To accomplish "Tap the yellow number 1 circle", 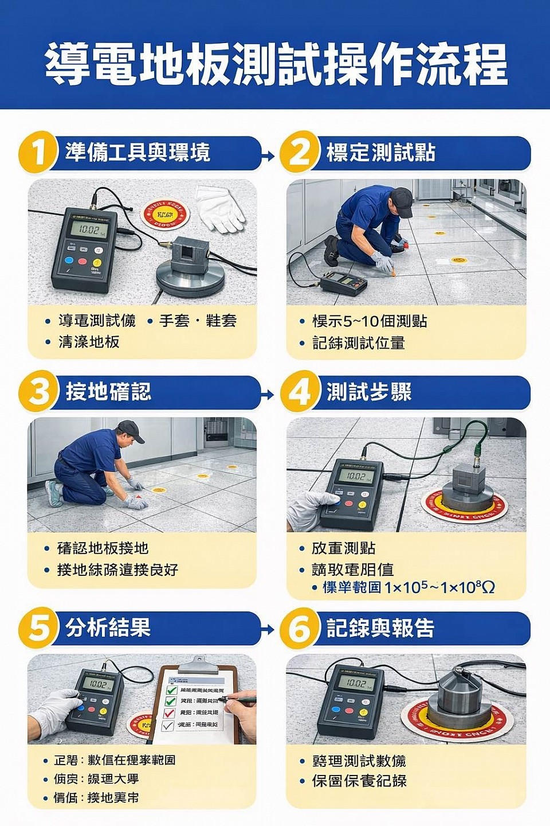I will tap(37, 153).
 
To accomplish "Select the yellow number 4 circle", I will tap(298, 393).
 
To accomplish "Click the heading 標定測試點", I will tap(380, 153).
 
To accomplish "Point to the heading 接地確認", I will tap(108, 392).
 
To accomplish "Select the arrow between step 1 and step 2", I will tap(268, 155).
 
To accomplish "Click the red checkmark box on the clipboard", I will tap(170, 713).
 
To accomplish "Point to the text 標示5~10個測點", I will tap(370, 321).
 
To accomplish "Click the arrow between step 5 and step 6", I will tap(268, 630).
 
